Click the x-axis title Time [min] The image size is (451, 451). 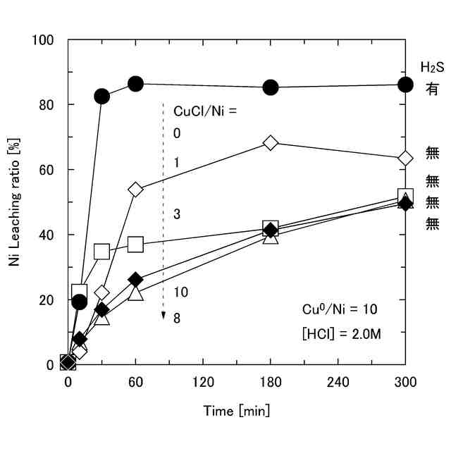(236, 410)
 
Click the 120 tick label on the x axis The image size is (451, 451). (203, 383)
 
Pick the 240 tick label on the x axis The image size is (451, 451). (338, 383)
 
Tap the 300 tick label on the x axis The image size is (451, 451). (405, 383)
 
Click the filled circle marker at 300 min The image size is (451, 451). (405, 85)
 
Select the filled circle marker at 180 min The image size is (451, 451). (271, 87)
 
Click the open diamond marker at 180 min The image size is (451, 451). (271, 142)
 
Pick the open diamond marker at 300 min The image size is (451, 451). (405, 158)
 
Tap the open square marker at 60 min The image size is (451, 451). (135, 245)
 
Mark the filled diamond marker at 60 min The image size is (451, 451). (135, 280)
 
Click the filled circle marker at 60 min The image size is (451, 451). (135, 84)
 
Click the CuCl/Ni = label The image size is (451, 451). (204, 110)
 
